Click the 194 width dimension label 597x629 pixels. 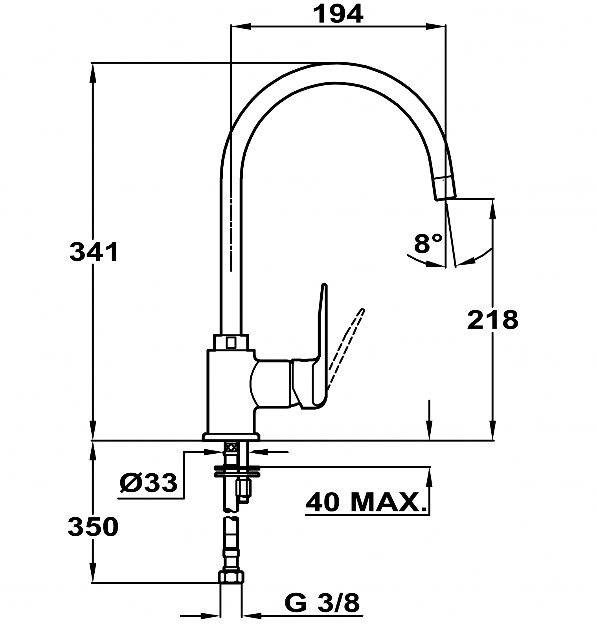click(338, 15)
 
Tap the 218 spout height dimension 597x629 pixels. click(492, 319)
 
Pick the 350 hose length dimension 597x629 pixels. click(93, 527)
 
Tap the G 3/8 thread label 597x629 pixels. click(322, 603)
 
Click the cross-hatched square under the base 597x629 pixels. click(232, 447)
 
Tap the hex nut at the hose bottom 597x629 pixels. click(231, 577)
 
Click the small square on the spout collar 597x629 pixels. click(231, 342)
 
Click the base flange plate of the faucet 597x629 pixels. click(231, 437)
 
